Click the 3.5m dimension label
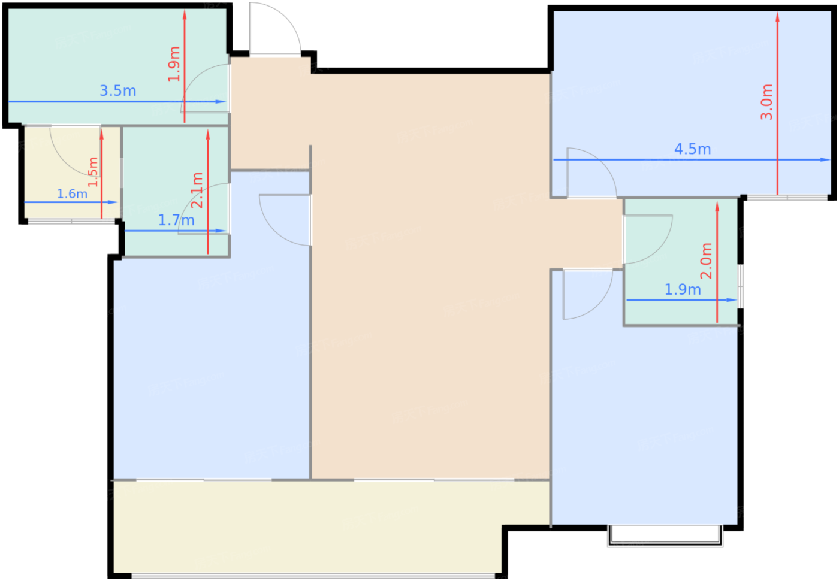tap(118, 91)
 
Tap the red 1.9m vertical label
tap(174, 64)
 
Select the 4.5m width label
tap(693, 149)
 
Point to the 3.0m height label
tap(766, 102)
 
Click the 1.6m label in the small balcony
tap(73, 194)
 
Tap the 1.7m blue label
tap(176, 220)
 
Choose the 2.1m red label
tap(197, 190)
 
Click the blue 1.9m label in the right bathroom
tap(683, 289)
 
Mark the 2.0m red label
tap(706, 261)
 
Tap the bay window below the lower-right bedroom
tap(665, 536)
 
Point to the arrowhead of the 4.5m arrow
tap(826, 160)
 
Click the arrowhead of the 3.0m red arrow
tap(778, 17)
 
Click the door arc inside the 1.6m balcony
tap(64, 161)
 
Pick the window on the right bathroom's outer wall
tap(741, 286)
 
